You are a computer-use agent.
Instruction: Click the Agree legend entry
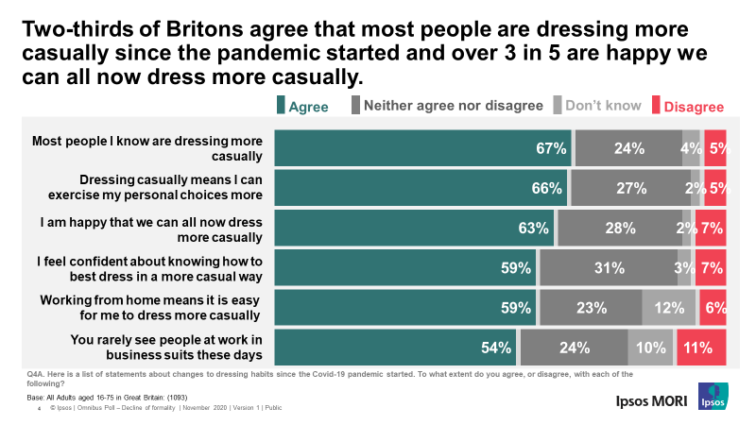[x=302, y=107]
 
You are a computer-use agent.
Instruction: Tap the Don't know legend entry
[x=602, y=106]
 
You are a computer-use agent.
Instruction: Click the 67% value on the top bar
[x=549, y=147]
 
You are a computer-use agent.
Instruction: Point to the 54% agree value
[x=495, y=348]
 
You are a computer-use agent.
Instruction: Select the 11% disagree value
[x=700, y=348]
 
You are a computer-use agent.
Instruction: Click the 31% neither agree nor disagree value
[x=609, y=267]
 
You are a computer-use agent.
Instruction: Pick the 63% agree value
[x=533, y=228]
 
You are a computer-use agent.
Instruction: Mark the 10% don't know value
[x=651, y=348]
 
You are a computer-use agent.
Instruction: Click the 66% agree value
[x=546, y=188]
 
